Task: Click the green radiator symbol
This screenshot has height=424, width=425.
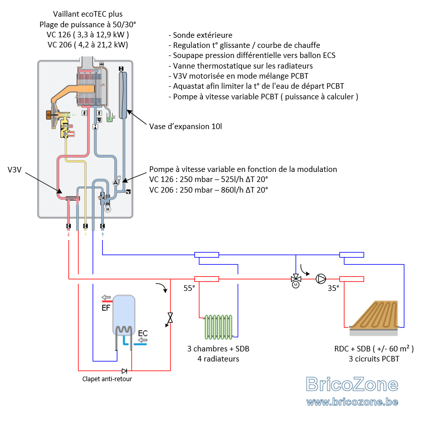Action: [x=219, y=327]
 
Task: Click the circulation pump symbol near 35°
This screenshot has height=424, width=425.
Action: [x=321, y=279]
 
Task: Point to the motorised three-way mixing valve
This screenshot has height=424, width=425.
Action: [x=296, y=280]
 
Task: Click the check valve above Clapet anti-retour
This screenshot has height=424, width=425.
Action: [x=124, y=371]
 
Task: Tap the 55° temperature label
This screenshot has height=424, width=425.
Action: [x=189, y=288]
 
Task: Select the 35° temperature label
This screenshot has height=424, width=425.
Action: [x=333, y=288]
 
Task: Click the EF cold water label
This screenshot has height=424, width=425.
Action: [x=106, y=308]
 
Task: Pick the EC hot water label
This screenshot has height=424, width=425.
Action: [x=143, y=333]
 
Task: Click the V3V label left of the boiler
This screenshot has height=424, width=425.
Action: [x=15, y=170]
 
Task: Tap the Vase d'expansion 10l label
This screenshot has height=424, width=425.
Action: [x=186, y=127]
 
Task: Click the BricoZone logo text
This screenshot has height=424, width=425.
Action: [x=352, y=384]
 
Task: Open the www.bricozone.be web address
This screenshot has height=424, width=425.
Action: [x=352, y=402]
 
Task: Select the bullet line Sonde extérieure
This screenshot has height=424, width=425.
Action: [x=200, y=35]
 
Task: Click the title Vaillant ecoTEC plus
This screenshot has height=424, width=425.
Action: [x=88, y=14]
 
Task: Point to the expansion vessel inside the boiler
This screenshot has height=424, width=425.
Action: [x=123, y=95]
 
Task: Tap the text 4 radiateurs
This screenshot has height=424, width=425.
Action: [x=218, y=359]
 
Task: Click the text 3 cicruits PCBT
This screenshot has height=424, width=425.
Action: [x=374, y=359]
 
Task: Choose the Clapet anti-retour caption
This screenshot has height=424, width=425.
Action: [x=107, y=379]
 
